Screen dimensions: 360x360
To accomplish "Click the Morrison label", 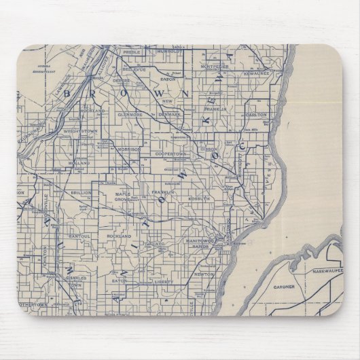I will point(128,149).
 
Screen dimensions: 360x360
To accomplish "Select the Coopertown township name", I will point(170,154).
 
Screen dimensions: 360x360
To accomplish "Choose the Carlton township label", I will point(257,115).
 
